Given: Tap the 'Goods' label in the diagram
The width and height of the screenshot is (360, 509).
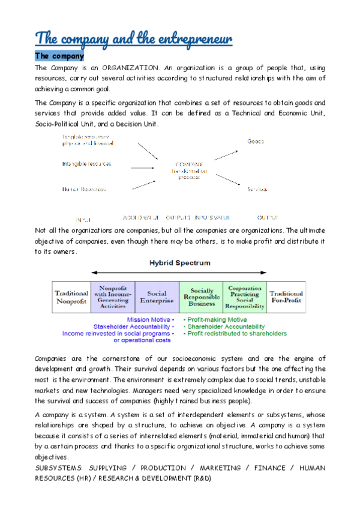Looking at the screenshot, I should (x=256, y=142).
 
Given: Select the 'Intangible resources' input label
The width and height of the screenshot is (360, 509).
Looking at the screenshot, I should (x=86, y=164).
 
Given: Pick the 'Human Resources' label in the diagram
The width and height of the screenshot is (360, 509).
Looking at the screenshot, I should (x=84, y=189).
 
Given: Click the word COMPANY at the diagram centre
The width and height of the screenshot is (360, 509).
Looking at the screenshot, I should (x=188, y=164).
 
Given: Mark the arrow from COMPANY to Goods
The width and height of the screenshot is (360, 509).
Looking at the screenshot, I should (x=226, y=154).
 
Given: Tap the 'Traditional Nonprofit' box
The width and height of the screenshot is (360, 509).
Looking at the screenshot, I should (x=71, y=297).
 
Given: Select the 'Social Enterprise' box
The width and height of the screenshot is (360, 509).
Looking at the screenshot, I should (x=157, y=297).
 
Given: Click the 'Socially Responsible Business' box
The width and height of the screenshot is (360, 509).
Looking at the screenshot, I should (x=201, y=297).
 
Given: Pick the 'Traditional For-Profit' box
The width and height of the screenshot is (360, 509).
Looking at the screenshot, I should (x=286, y=297).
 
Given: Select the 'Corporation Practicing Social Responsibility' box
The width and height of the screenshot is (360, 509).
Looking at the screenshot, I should (x=245, y=297).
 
